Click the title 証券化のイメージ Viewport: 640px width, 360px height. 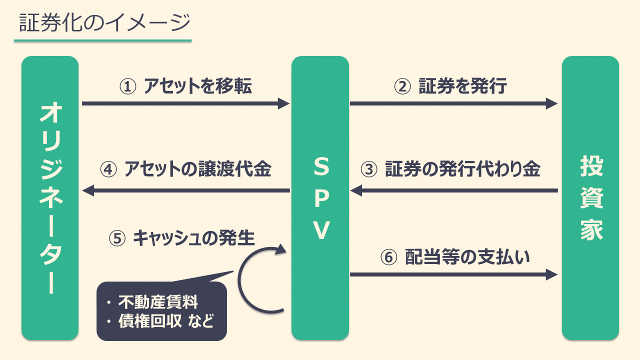(104, 22)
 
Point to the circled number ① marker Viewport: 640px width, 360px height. (128, 87)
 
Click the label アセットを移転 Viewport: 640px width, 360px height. (197, 87)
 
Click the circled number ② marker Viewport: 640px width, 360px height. (402, 87)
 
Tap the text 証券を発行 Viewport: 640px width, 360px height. (462, 87)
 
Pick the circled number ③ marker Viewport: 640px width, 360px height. (369, 169)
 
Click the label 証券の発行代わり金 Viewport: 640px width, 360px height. (462, 169)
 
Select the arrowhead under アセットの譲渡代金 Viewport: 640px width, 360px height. (88, 190)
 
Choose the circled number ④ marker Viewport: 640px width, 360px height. (108, 169)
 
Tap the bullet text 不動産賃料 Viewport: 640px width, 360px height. (158, 302)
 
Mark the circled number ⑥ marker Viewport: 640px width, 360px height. (388, 257)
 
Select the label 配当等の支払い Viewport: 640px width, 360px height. (467, 257)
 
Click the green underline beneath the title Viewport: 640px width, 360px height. (103, 40)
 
